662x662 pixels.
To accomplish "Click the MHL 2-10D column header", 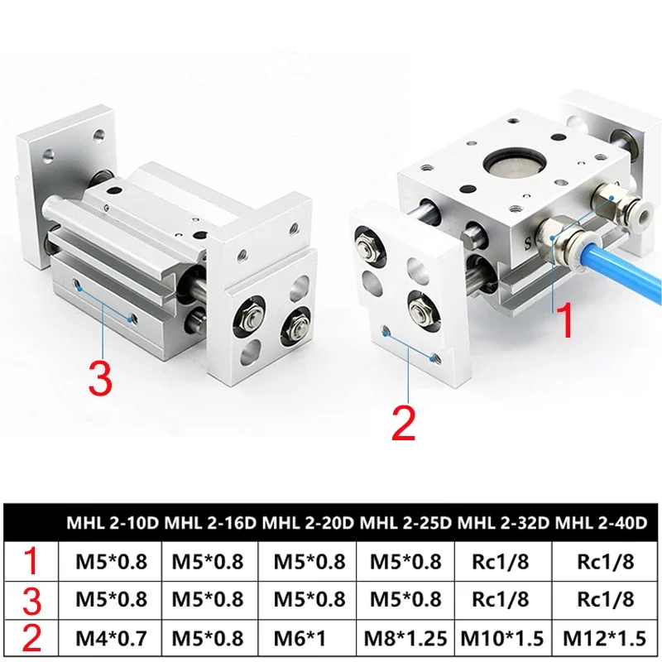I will (114, 523).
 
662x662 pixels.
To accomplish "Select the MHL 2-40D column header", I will (602, 523).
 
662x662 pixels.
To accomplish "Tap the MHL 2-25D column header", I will (406, 523).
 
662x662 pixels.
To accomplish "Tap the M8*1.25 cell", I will (406, 638).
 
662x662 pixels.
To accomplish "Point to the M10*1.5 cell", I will (504, 638).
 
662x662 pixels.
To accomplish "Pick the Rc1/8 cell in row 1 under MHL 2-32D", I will (504, 562).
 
